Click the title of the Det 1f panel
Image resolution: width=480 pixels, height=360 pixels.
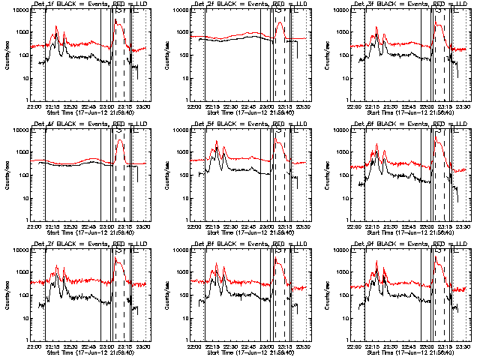pos(88,4)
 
